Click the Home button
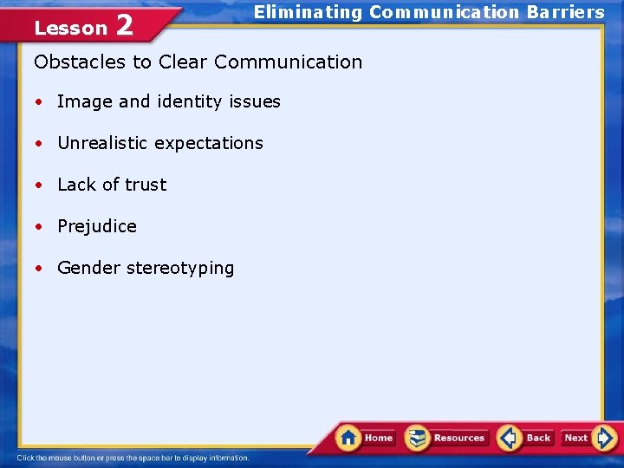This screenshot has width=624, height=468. pyautogui.click(x=366, y=438)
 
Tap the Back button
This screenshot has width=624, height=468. pyautogui.click(x=525, y=438)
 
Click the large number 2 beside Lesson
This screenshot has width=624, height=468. pyautogui.click(x=124, y=25)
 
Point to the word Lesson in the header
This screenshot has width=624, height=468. pyautogui.click(x=70, y=28)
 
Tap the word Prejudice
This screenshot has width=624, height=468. pyautogui.click(x=97, y=226)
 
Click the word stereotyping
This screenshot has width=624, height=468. pyautogui.click(x=180, y=269)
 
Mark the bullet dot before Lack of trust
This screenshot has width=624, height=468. pyautogui.click(x=40, y=185)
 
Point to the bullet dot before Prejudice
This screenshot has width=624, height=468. pyautogui.click(x=40, y=227)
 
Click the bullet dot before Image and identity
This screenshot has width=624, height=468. pyautogui.click(x=40, y=102)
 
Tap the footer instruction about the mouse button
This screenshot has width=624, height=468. pyautogui.click(x=133, y=458)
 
